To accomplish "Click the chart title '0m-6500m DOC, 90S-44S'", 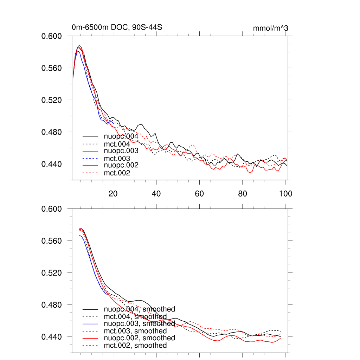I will [117, 27].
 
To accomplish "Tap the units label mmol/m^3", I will [270, 28].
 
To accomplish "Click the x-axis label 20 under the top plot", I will [113, 193].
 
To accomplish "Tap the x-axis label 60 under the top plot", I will [199, 193].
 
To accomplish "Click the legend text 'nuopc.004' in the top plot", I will [118, 136].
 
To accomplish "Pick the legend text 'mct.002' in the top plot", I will [117, 173].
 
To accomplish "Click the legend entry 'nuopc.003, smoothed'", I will [140, 323].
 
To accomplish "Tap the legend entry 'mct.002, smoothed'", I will [135, 346].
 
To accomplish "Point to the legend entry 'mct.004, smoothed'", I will [135, 317].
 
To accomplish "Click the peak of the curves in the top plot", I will [79, 46].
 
